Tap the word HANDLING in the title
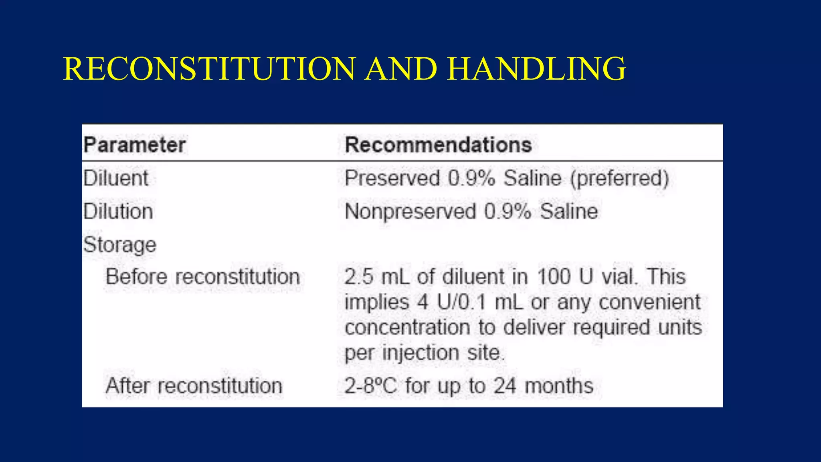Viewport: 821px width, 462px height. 536,69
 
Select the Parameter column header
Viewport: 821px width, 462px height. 135,145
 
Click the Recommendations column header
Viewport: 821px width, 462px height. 438,145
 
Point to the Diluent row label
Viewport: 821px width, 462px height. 116,178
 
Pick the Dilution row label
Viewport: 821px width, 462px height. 118,211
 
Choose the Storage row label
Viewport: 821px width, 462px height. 120,245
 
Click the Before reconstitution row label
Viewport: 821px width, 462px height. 203,277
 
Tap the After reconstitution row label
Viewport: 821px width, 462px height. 194,386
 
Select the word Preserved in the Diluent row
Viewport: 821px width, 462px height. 392,178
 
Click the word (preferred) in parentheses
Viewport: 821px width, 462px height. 620,178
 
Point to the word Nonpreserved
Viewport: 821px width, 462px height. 410,211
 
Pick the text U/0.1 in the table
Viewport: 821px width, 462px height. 461,302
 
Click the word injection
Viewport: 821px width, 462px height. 421,353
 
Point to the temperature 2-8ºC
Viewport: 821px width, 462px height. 370,386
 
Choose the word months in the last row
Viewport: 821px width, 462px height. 559,386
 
